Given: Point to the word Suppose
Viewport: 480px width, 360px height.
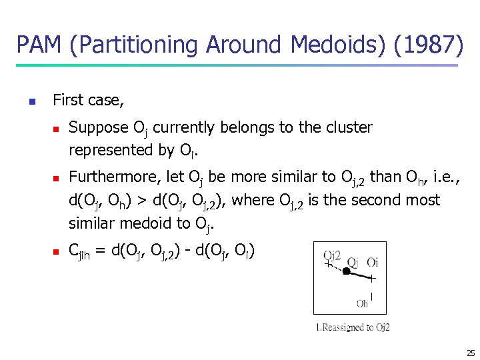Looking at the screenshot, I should click(99, 127).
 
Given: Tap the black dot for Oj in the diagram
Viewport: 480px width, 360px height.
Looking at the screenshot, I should click(346, 271).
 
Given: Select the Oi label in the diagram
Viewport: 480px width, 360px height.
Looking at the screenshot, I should click(372, 261).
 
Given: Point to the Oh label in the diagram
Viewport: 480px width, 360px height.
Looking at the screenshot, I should click(362, 303).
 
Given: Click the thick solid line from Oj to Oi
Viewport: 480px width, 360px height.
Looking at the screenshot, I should click(360, 274).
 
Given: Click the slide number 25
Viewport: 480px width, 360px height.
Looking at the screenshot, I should click(471, 353).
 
